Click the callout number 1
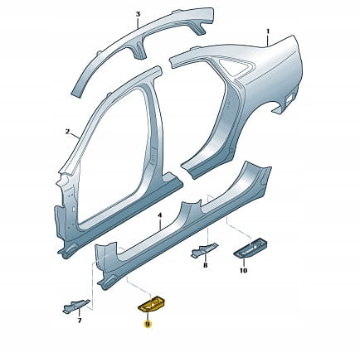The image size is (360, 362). click(x=267, y=31)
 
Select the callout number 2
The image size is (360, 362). click(x=67, y=132)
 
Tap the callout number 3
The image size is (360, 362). click(x=139, y=14)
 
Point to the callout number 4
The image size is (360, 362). click(x=159, y=215)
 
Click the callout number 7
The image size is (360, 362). click(x=80, y=321)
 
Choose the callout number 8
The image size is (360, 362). click(x=205, y=266)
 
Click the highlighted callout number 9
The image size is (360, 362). click(x=148, y=324)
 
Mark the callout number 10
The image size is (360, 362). click(x=243, y=270)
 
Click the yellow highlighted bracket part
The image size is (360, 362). click(x=151, y=304)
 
